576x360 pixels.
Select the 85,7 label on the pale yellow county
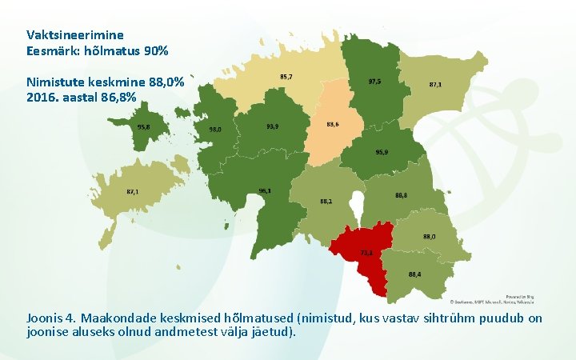point(286,77)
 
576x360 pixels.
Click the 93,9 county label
point(273,126)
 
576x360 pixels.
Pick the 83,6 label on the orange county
point(333,124)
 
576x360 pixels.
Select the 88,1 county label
point(326,201)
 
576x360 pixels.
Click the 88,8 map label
point(401,195)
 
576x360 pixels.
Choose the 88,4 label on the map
point(414,274)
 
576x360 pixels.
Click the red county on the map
point(364,248)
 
